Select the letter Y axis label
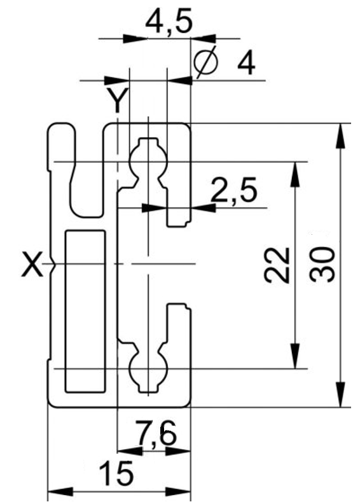coord(118,100)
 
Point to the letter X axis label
coord(32,265)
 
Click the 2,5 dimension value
coord(234,190)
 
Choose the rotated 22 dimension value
coord(277,265)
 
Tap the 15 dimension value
coord(116,473)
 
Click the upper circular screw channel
coord(148,161)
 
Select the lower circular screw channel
coord(148,369)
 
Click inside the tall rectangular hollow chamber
coord(85,311)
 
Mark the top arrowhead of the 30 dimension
coord(342,136)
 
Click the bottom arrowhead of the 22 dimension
coord(295,356)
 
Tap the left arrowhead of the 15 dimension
coord(60,492)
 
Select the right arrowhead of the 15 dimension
coord(178,492)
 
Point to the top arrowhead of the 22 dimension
coord(295,174)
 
